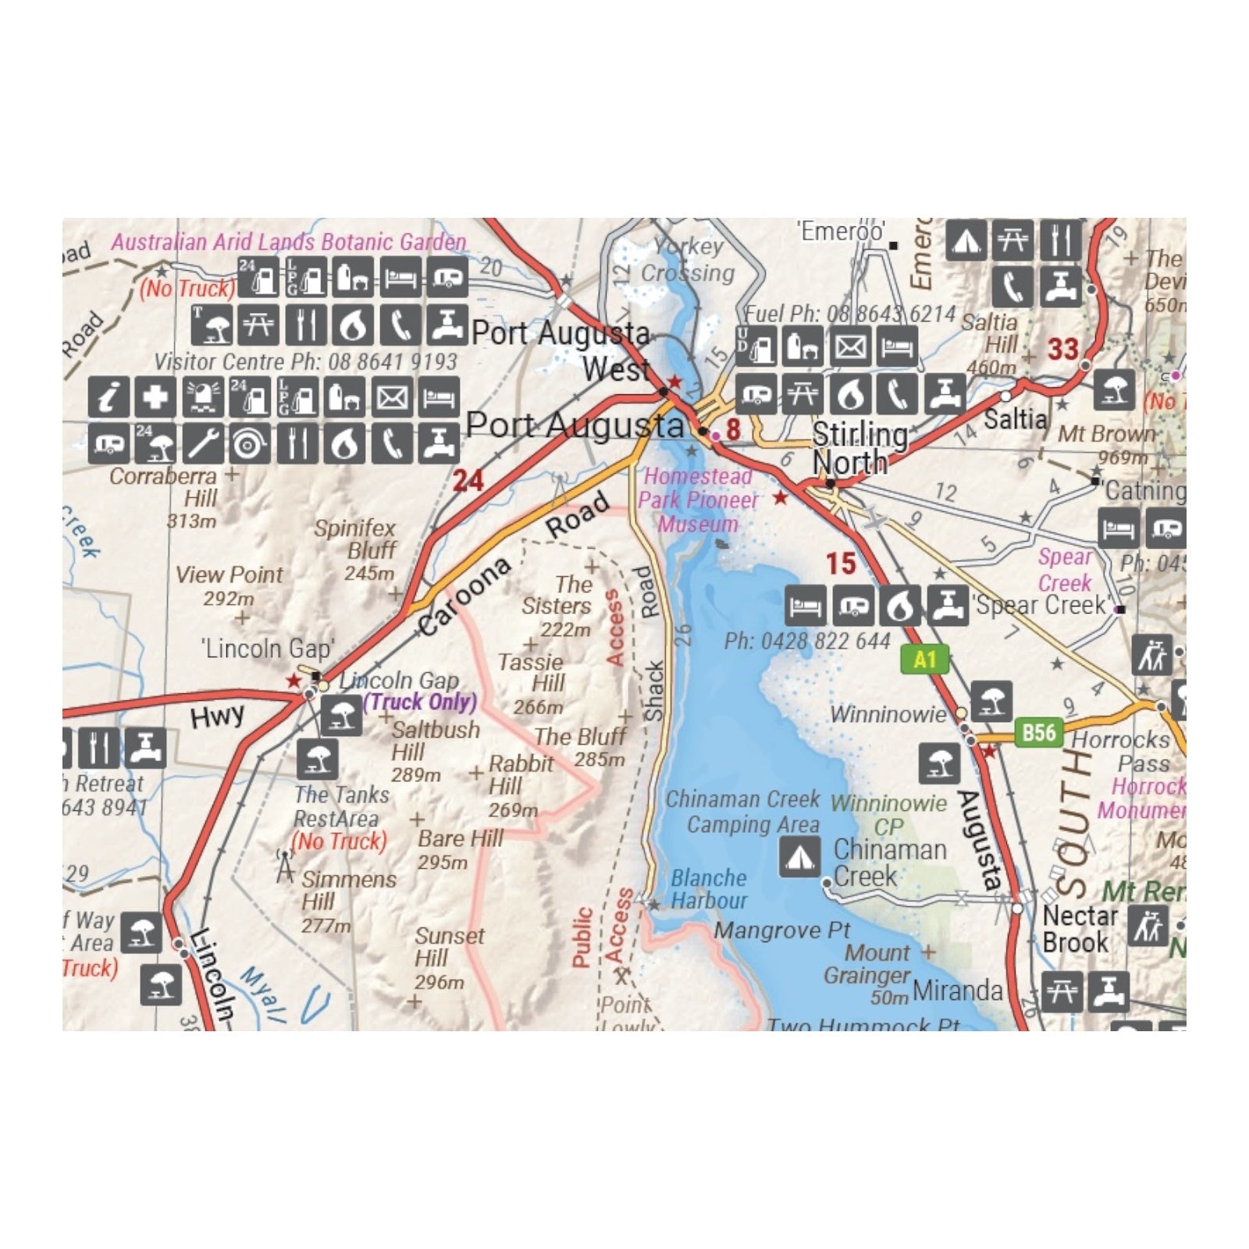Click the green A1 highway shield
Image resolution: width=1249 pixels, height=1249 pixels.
click(924, 660)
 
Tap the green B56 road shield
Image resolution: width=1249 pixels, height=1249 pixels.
click(1039, 732)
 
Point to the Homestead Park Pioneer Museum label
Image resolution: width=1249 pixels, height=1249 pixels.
click(698, 500)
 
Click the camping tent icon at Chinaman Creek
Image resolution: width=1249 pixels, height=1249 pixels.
click(799, 856)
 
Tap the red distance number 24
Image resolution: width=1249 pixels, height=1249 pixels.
click(468, 481)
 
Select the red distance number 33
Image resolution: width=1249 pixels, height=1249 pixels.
click(1063, 349)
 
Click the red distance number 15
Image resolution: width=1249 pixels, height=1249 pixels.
click(841, 564)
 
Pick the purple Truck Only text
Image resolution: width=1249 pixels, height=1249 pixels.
click(420, 702)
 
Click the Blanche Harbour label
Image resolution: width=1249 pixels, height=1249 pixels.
click(708, 889)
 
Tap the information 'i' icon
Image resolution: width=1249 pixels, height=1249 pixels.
click(109, 397)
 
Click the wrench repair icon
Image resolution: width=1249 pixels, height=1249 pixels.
click(202, 443)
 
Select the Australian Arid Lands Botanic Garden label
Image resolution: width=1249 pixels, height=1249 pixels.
click(288, 242)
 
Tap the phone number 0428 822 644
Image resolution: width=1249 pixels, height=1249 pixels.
click(807, 642)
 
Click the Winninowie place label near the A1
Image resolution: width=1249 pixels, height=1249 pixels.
click(888, 713)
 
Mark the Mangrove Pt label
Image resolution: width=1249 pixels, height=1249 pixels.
click(781, 931)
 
